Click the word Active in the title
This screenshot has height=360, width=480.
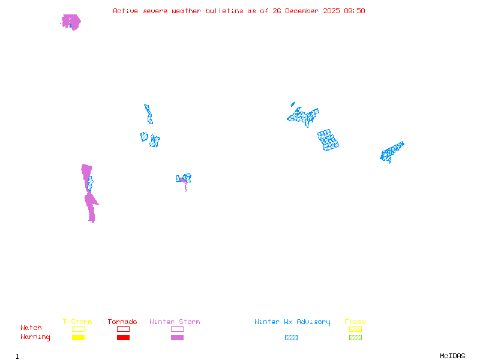(126, 11)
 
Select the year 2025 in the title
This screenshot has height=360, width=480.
(331, 11)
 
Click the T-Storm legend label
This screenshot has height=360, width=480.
(77, 322)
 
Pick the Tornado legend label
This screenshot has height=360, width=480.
(122, 322)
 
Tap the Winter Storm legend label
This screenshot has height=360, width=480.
(175, 322)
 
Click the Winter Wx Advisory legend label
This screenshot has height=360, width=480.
(292, 322)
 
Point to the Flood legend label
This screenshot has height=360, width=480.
(355, 322)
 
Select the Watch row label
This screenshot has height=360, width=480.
(31, 328)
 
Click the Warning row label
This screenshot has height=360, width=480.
(35, 337)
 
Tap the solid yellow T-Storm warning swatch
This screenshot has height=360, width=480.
(78, 338)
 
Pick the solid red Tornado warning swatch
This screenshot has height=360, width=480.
(123, 338)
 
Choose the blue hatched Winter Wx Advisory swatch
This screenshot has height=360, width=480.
(291, 338)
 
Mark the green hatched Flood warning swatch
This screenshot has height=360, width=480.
(355, 338)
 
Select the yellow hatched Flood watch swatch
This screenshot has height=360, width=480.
(355, 329)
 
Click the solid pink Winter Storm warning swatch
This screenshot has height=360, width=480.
(177, 338)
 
